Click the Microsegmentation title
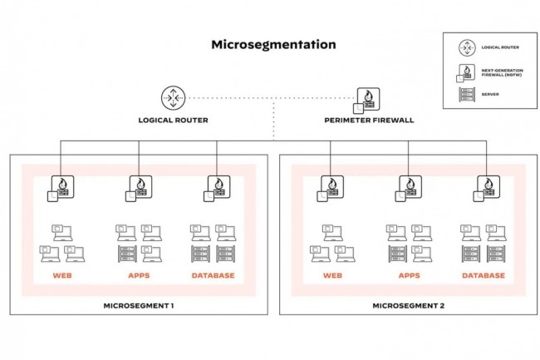pyautogui.click(x=273, y=44)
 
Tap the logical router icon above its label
pyautogui.click(x=173, y=98)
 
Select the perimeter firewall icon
pyautogui.click(x=366, y=100)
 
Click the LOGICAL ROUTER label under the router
pyautogui.click(x=173, y=121)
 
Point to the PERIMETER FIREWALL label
pyautogui.click(x=368, y=121)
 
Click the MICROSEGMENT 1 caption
pyautogui.click(x=139, y=306)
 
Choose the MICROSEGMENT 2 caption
pyautogui.click(x=409, y=306)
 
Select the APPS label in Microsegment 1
pyautogui.click(x=139, y=275)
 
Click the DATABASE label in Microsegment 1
pyautogui.click(x=213, y=275)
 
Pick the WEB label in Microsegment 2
pyautogui.click(x=332, y=275)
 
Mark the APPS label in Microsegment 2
pyautogui.click(x=409, y=275)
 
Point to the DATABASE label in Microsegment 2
pyautogui.click(x=483, y=275)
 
